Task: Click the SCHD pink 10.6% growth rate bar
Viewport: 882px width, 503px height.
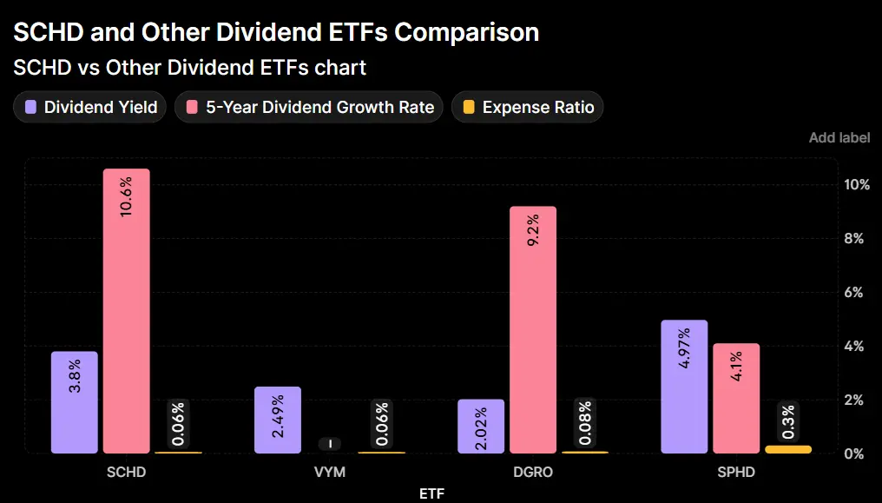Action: [126, 311]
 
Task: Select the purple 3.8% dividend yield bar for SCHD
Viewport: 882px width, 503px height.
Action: [75, 402]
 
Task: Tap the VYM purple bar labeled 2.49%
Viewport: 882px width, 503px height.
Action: [278, 420]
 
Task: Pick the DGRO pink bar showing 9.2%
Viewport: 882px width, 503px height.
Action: [532, 329]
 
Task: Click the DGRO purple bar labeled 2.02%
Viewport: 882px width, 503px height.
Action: [481, 426]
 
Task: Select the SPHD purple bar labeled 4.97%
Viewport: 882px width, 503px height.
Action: [684, 387]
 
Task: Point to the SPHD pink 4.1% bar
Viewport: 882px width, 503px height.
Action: [735, 398]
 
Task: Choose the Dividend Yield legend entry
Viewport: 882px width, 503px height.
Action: [90, 108]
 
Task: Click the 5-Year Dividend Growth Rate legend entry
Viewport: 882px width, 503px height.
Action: [309, 108]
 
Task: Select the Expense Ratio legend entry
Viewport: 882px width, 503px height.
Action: [528, 108]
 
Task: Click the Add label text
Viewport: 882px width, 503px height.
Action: [839, 138]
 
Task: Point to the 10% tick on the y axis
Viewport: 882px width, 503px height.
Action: [857, 185]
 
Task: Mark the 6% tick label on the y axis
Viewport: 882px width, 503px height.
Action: [854, 293]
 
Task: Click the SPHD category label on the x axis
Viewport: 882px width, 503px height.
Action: [735, 473]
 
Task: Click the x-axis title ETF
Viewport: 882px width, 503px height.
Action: [431, 493]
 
